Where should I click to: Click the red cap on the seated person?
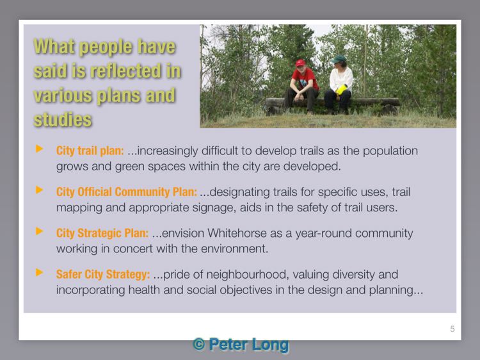coord(300,63)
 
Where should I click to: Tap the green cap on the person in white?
coord(339,59)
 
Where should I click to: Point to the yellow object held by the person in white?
coord(341,90)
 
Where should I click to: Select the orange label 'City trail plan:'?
coord(90,151)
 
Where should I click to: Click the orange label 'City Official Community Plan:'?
coord(127,192)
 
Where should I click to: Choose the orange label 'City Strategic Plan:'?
coord(102,233)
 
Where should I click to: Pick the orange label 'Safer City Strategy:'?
coord(103,274)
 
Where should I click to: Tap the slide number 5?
coord(452,329)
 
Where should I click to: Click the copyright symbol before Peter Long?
coord(199,344)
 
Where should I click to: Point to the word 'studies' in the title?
coord(63,119)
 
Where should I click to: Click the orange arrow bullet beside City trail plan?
coord(39,149)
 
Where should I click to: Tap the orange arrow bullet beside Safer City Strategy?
coord(39,272)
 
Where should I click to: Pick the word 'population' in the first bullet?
coord(390,151)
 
